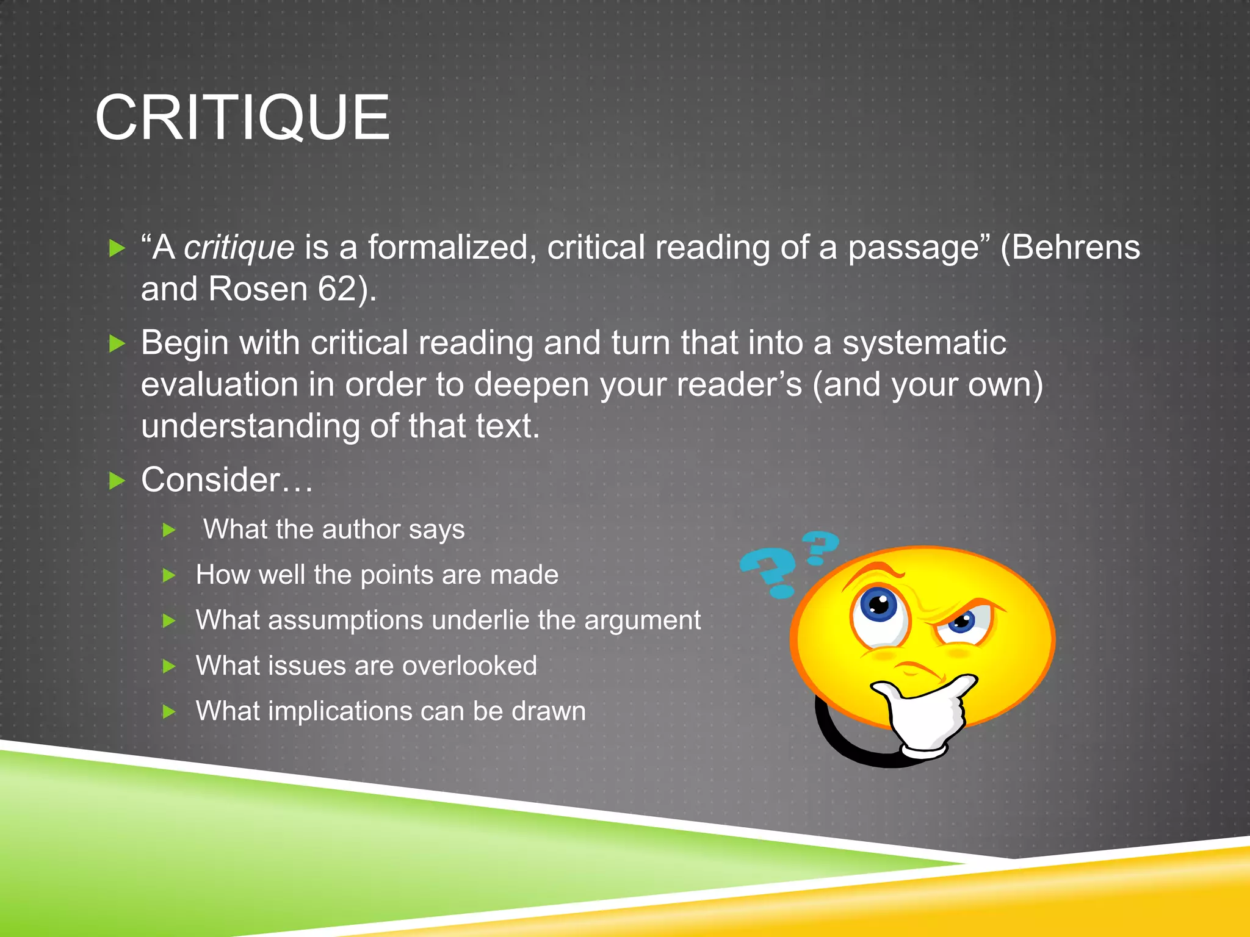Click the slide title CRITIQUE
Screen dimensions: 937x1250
(x=242, y=118)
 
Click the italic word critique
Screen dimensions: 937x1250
(x=239, y=248)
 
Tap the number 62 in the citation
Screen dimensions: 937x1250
(x=336, y=289)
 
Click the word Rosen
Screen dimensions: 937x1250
(x=258, y=289)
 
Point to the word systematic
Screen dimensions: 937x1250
(x=924, y=343)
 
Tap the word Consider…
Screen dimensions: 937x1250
(x=226, y=480)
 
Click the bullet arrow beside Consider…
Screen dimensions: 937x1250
(x=117, y=481)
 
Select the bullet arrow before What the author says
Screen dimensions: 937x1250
(x=170, y=530)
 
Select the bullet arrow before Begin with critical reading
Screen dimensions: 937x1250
(x=117, y=344)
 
